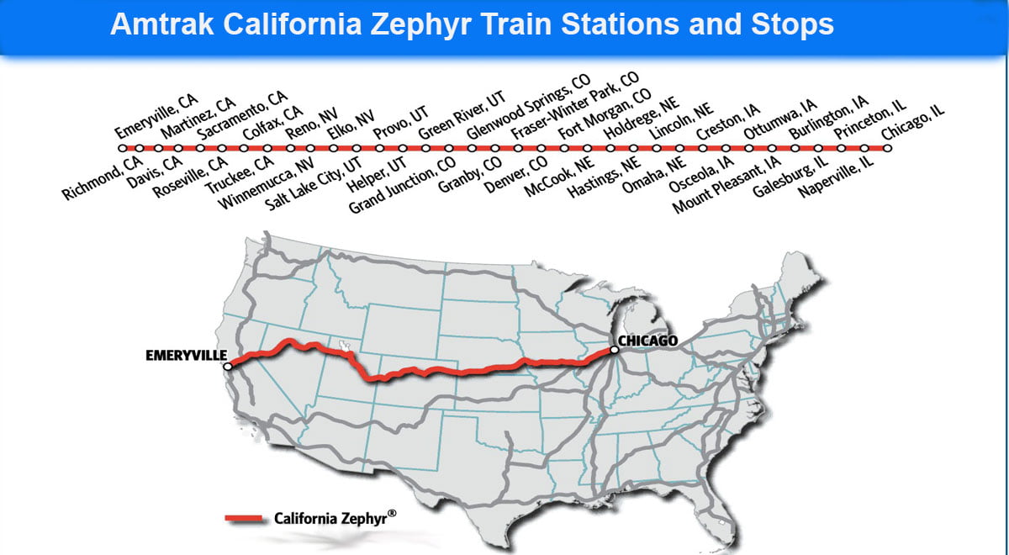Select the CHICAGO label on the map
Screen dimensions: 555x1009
click(x=647, y=341)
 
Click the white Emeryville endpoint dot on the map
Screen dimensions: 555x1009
click(x=228, y=366)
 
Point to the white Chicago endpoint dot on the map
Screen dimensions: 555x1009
click(x=615, y=350)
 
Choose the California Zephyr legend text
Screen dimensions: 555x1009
click(x=335, y=519)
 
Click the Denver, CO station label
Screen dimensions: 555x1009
click(x=515, y=173)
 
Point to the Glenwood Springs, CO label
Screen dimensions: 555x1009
click(x=528, y=107)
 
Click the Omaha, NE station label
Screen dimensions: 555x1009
click(x=653, y=174)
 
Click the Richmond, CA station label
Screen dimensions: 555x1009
click(x=103, y=177)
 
